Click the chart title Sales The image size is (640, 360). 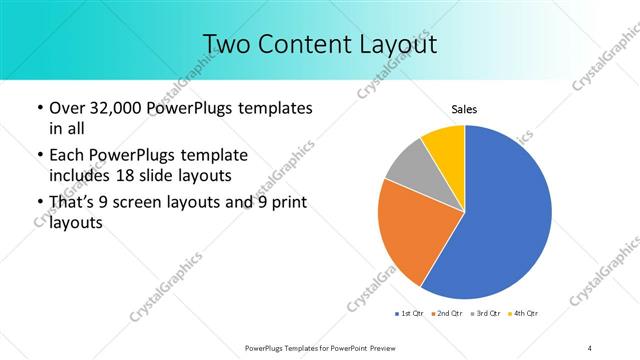pyautogui.click(x=464, y=108)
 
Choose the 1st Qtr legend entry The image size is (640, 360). pyautogui.click(x=410, y=313)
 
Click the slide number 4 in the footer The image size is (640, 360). pyautogui.click(x=590, y=347)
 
